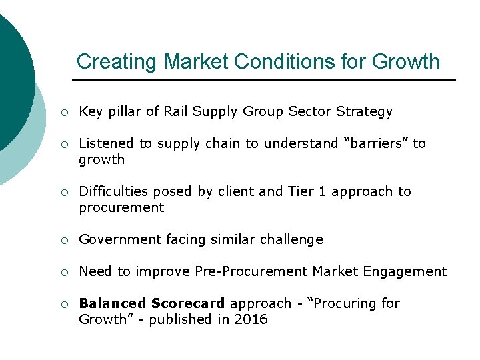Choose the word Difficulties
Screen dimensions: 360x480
point(113,191)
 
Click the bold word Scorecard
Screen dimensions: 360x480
point(188,303)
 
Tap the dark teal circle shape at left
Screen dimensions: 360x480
point(10,73)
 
